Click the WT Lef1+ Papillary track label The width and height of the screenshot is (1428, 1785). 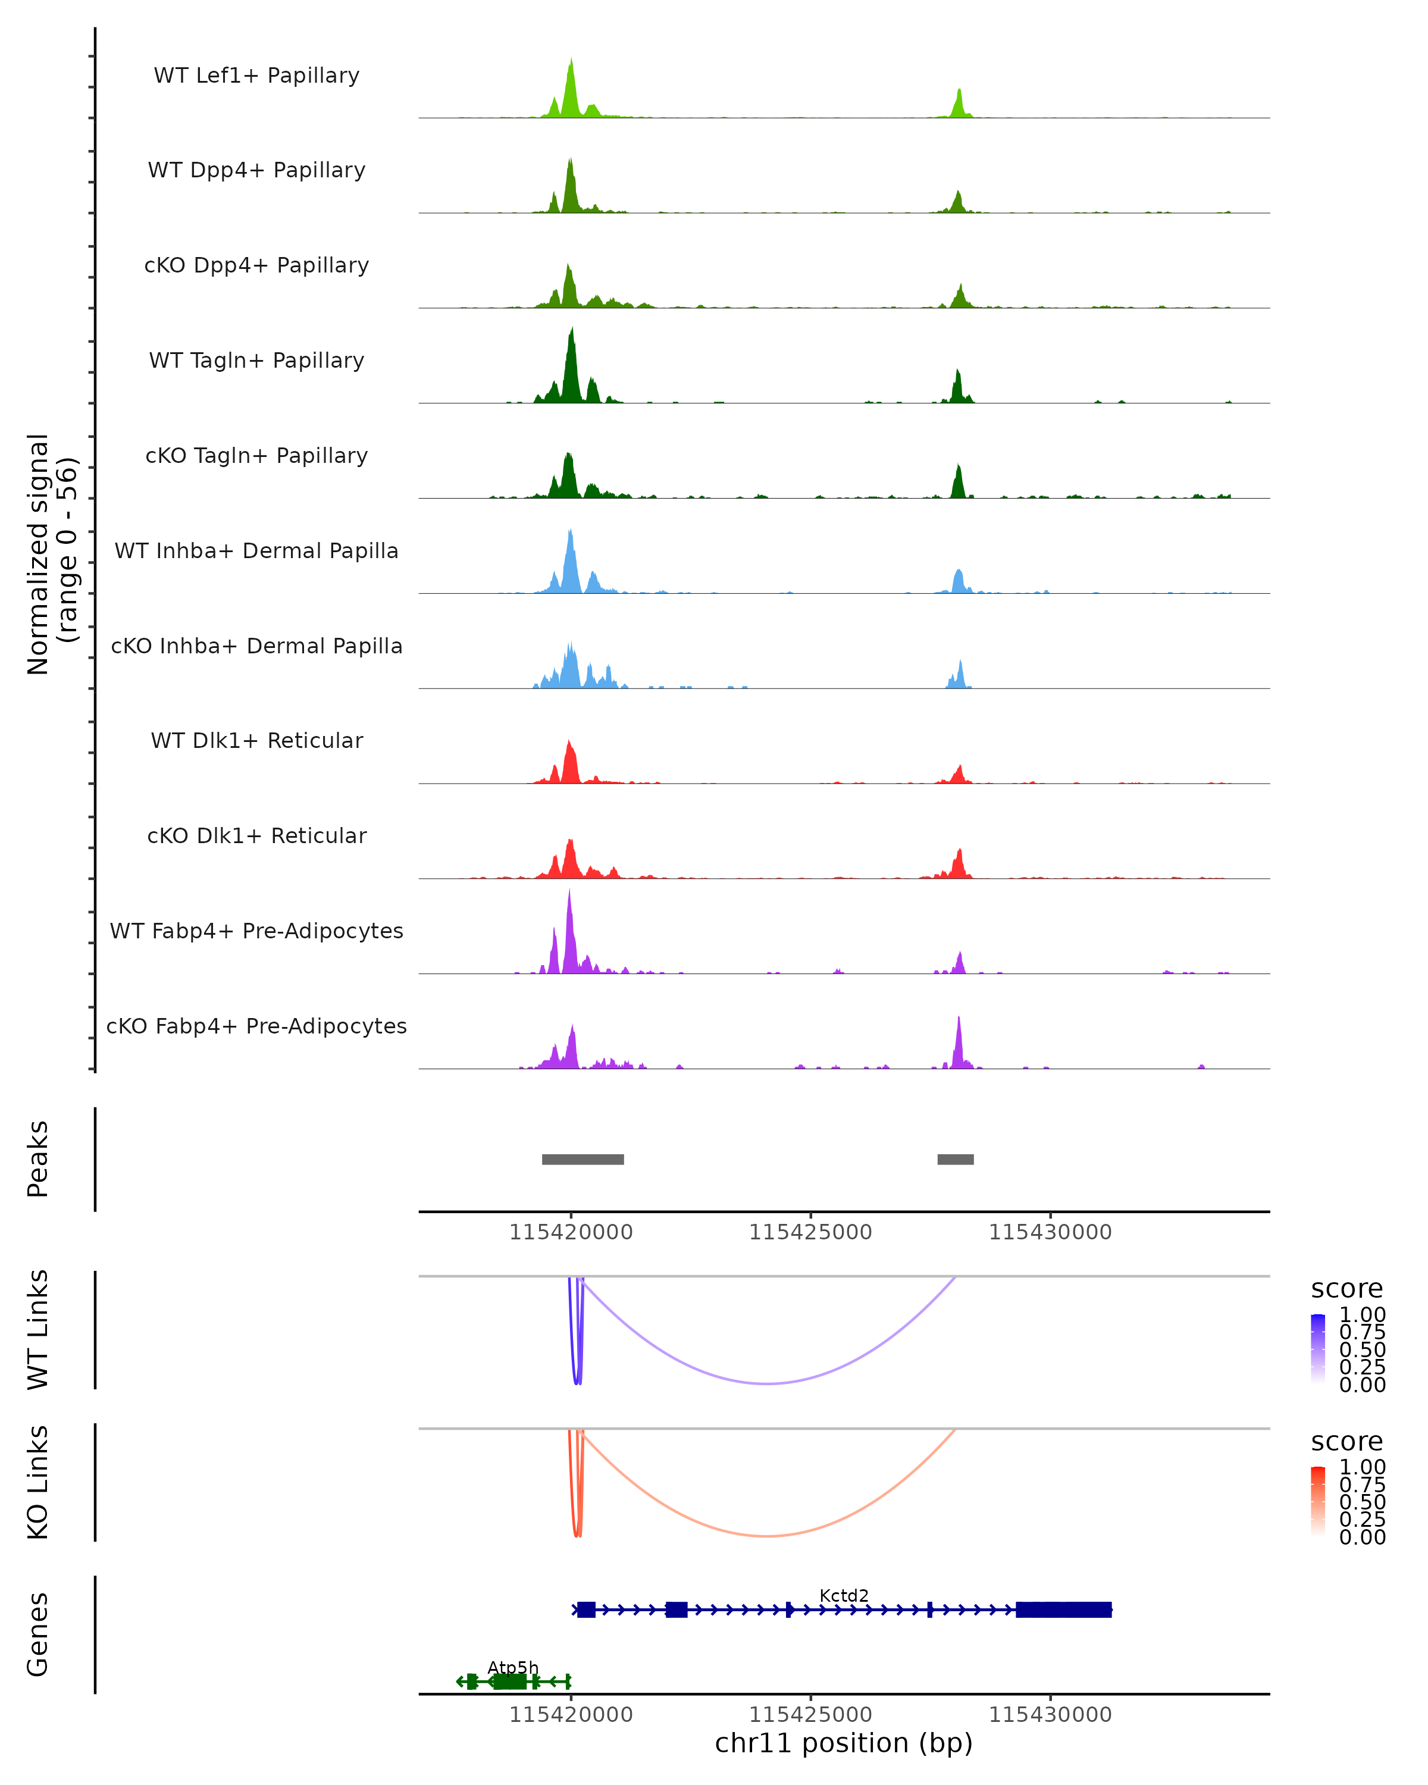(256, 76)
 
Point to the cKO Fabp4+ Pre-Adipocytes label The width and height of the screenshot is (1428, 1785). (256, 1026)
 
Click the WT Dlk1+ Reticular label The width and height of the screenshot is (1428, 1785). (256, 740)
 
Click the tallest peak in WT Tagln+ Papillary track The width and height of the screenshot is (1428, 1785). (571, 331)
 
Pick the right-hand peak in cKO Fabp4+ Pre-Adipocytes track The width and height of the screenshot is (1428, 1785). (959, 1020)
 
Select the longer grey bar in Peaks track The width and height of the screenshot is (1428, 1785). (583, 1159)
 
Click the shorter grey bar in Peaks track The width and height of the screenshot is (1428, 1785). (956, 1159)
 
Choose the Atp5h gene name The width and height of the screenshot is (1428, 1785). (512, 1667)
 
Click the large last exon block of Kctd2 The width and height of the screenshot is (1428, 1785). (1064, 1609)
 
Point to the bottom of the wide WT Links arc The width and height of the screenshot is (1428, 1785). (768, 1383)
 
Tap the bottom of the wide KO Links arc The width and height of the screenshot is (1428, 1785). (768, 1536)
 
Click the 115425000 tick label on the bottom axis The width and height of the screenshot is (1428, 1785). (810, 1714)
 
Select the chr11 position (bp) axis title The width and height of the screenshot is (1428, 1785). (844, 1743)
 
